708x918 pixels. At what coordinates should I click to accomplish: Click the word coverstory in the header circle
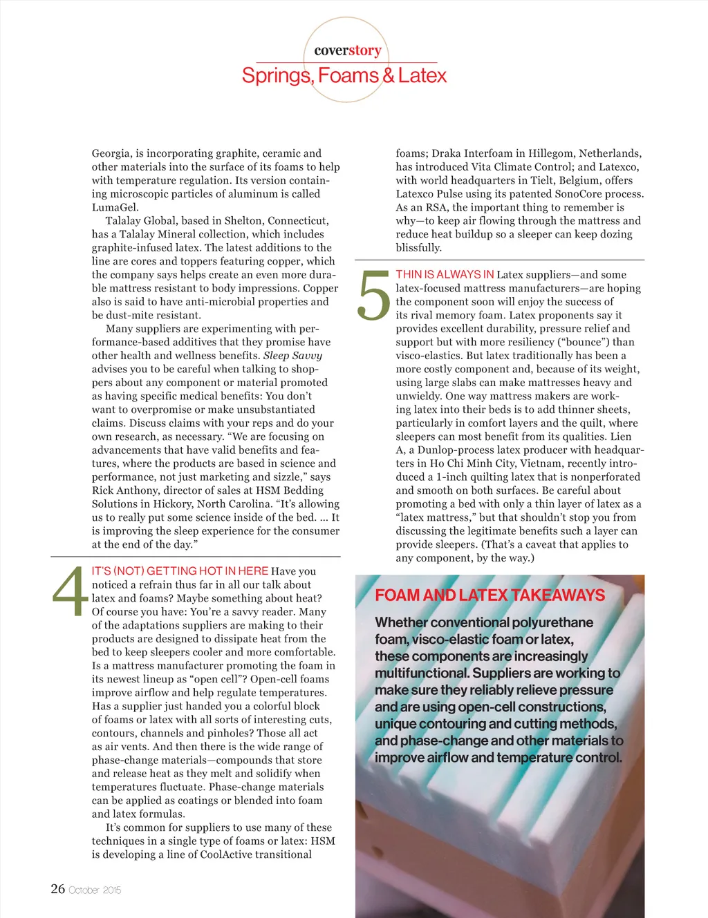click(x=347, y=50)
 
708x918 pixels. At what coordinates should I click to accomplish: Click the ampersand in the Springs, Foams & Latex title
click(x=389, y=75)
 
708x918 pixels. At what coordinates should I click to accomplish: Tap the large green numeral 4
click(x=69, y=592)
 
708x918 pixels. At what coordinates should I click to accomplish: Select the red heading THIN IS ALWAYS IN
click(x=445, y=274)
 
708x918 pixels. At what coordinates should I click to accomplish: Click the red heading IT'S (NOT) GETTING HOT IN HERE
click(x=180, y=571)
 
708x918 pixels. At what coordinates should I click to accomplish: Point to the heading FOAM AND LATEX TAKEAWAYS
click(x=490, y=595)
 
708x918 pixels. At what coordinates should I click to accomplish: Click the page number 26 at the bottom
click(x=58, y=889)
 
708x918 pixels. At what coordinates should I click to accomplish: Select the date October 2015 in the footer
click(x=95, y=890)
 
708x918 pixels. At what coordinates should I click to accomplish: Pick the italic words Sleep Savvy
click(x=292, y=356)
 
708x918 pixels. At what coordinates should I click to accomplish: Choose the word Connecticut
click(x=298, y=221)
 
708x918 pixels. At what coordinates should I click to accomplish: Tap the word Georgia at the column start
click(x=112, y=153)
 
